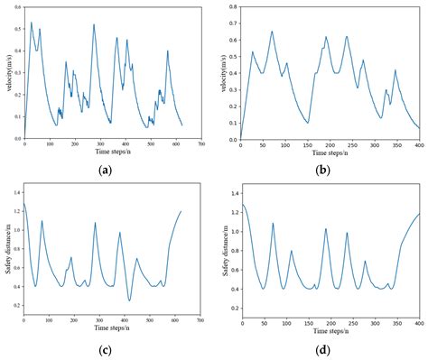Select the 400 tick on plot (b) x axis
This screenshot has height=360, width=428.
click(420, 145)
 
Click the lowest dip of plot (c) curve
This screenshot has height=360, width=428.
click(130, 300)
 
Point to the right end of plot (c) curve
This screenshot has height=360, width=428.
click(181, 211)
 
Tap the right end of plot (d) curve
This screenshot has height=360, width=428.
click(420, 214)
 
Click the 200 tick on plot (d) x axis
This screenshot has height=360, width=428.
click(330, 320)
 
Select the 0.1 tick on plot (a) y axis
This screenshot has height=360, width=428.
click(17, 116)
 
